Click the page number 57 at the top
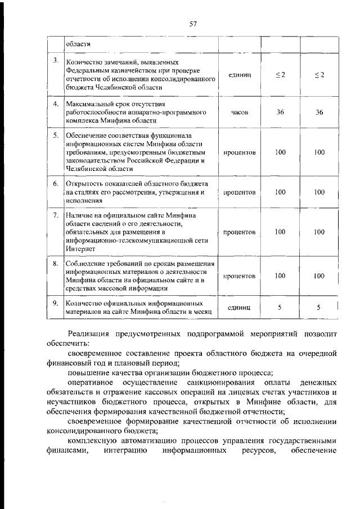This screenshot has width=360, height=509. click(192, 23)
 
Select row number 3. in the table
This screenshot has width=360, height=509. click(55, 61)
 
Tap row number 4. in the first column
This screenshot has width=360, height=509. click(55, 105)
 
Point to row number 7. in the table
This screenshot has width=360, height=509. click(55, 215)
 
